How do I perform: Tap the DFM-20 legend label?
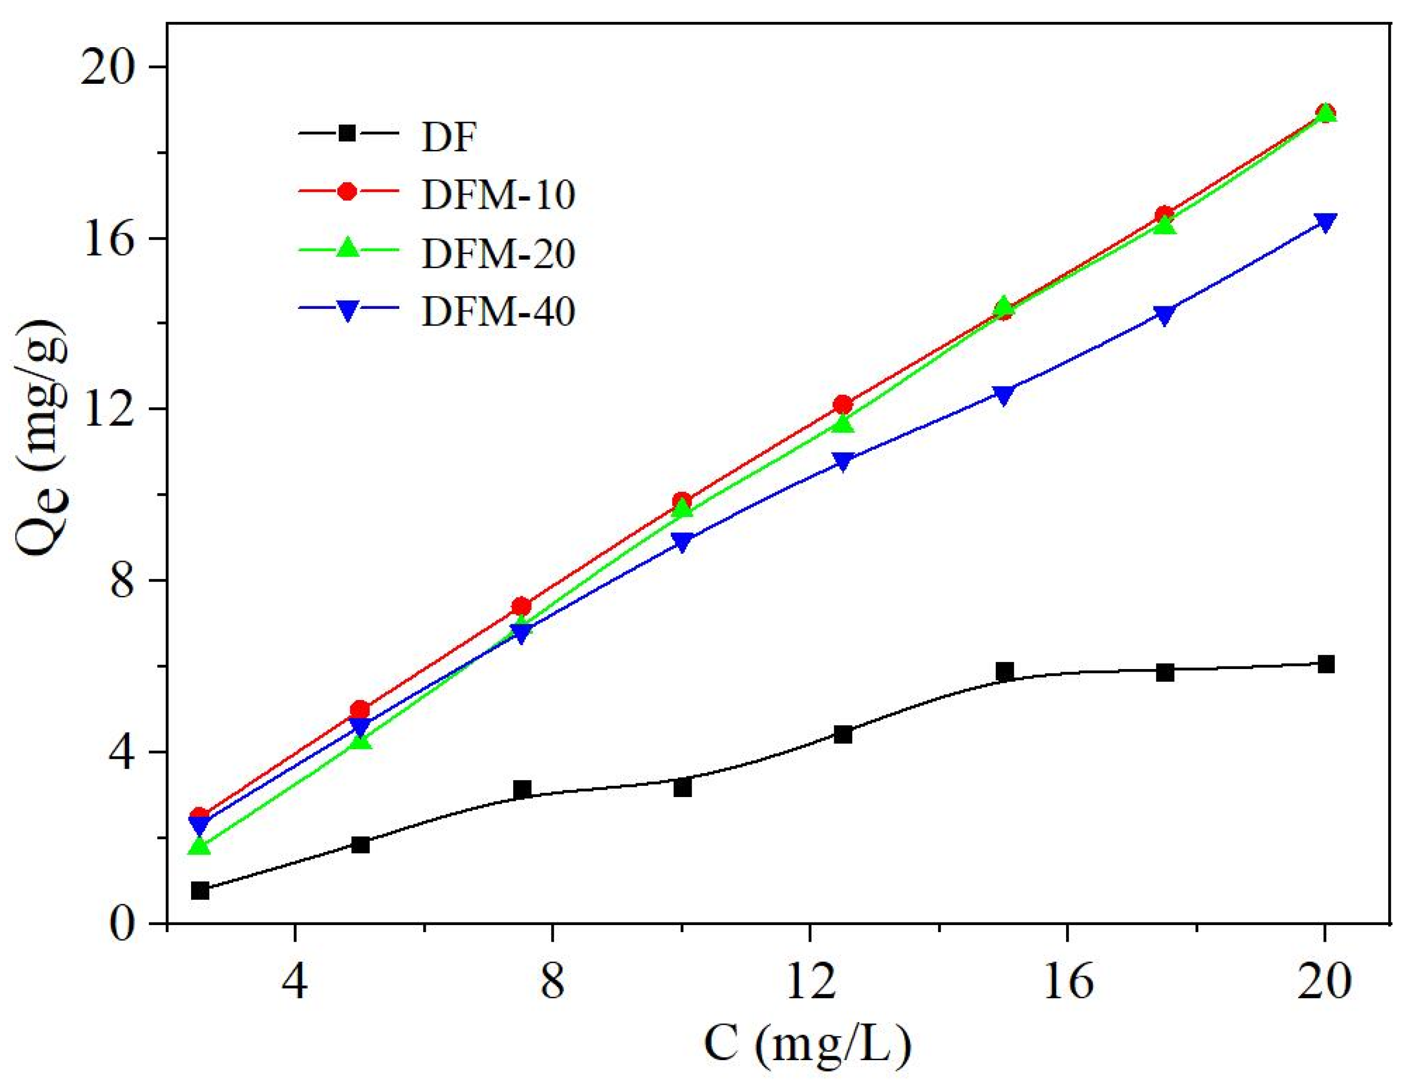pyautogui.click(x=498, y=253)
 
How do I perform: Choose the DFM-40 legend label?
pyautogui.click(x=498, y=311)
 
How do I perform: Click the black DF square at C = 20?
pyautogui.click(x=1325, y=664)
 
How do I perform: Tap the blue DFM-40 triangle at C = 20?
pyautogui.click(x=1325, y=222)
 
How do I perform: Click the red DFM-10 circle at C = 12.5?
pyautogui.click(x=842, y=404)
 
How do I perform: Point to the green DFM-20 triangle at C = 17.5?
pyautogui.click(x=1165, y=225)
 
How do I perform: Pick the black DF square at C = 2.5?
pyautogui.click(x=200, y=891)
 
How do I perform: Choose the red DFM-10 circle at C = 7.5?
pyautogui.click(x=521, y=606)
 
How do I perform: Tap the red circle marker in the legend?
pyautogui.click(x=348, y=192)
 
